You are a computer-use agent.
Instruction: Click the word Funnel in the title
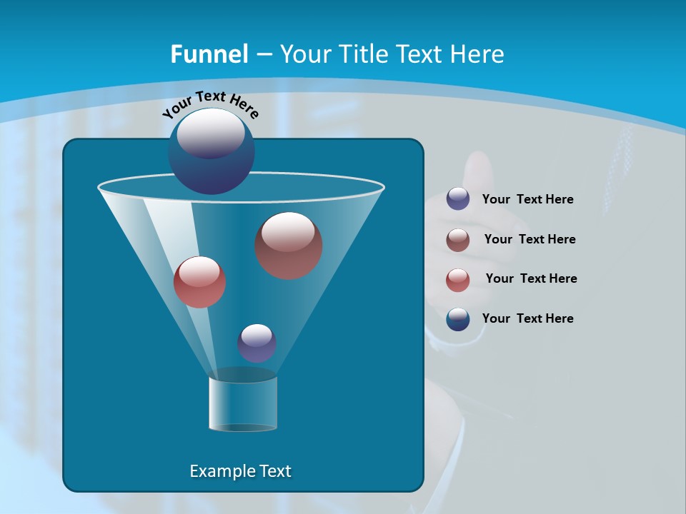tap(209, 54)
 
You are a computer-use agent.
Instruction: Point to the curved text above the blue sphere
tap(210, 104)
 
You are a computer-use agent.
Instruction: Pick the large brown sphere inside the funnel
tap(289, 246)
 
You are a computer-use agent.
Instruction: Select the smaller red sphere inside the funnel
tap(199, 282)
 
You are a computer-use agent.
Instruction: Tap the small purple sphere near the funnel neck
tap(257, 343)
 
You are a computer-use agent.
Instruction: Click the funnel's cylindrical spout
tap(243, 403)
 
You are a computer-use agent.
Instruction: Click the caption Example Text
tap(241, 471)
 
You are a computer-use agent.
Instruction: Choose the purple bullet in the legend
tap(458, 199)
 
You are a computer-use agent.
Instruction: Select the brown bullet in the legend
tap(458, 240)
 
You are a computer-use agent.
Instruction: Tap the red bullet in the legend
tap(458, 280)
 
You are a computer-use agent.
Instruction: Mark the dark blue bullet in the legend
tap(458, 319)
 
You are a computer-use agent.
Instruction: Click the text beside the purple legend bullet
tap(527, 200)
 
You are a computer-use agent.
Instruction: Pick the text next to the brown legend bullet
tap(530, 239)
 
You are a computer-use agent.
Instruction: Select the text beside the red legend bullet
tap(531, 278)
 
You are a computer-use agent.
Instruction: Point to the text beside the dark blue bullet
tap(527, 318)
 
